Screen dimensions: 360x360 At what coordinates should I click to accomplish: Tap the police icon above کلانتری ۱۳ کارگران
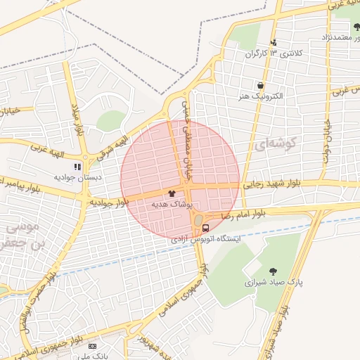click(274, 42)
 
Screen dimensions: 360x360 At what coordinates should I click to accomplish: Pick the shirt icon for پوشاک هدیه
click(172, 193)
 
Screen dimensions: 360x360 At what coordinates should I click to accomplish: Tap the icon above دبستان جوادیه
click(77, 167)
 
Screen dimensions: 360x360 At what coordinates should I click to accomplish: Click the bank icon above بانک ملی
click(92, 347)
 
